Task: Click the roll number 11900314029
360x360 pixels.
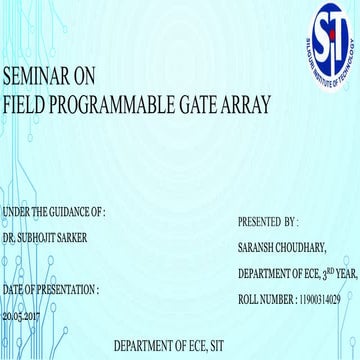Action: [x=314, y=297]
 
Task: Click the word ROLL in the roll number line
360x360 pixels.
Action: [x=249, y=297]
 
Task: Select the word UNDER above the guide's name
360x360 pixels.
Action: [x=17, y=212]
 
